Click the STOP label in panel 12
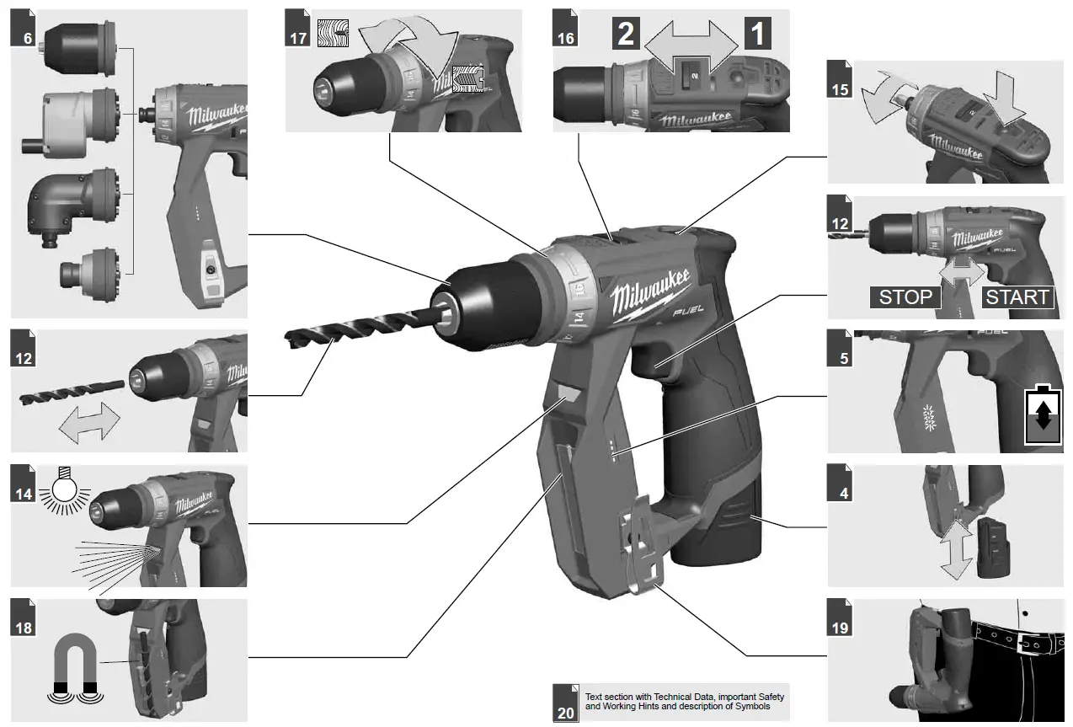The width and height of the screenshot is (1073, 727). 905,297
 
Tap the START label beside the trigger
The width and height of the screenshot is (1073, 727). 1017,297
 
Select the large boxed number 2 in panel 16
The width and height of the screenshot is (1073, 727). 625,35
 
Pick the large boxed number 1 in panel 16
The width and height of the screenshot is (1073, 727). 758,35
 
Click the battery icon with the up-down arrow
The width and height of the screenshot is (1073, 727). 1043,415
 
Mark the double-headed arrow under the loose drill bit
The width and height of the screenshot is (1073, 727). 88,420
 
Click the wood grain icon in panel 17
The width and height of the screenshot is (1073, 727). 332,34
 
